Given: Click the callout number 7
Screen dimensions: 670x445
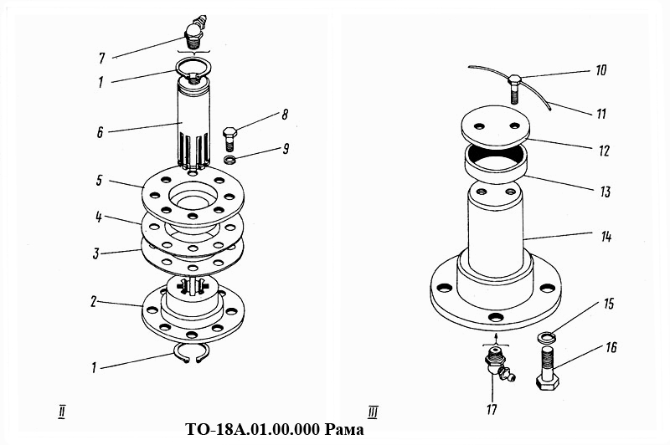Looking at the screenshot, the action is [101, 58].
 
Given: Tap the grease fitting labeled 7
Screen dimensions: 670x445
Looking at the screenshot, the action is [197, 32].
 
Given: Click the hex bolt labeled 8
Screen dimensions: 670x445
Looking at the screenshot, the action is [229, 138].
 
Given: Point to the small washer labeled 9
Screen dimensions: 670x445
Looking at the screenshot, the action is [230, 161].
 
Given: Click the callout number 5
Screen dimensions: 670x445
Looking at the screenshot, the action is [99, 180].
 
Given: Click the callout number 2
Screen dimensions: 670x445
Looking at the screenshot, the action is [94, 302].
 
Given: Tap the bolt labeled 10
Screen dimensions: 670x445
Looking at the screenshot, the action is [514, 89].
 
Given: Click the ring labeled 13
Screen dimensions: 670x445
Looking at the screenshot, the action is [496, 163].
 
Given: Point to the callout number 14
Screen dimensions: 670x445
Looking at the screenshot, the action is [606, 236].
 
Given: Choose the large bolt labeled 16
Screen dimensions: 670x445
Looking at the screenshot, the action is [548, 368].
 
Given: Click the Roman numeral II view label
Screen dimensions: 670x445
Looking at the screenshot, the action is [62, 412].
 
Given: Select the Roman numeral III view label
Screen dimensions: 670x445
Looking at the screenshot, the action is [372, 412].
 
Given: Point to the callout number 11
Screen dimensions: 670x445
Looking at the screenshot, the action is [601, 114].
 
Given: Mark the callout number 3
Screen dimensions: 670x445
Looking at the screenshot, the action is [95, 253].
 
